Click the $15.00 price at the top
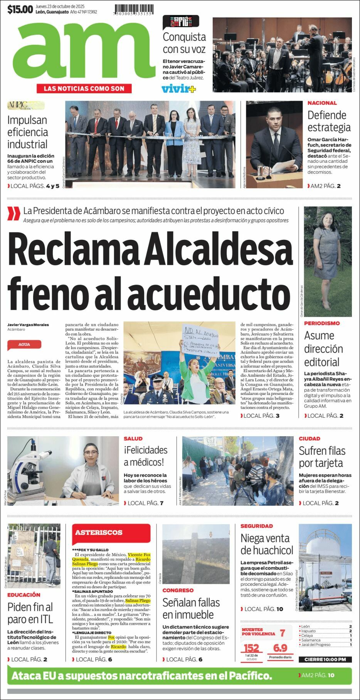point(20,9)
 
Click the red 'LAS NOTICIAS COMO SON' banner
point(84,88)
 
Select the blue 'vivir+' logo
point(178,89)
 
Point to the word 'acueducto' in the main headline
point(208,294)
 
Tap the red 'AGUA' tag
point(24,344)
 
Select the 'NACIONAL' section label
point(322,103)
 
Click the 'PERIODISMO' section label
point(322,323)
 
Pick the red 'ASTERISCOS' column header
point(99,533)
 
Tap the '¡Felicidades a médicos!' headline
point(145,456)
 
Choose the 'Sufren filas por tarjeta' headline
point(322,457)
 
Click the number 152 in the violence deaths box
point(251,648)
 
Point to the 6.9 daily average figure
point(280,648)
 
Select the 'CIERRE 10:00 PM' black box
point(325,659)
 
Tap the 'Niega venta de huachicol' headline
point(267,544)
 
